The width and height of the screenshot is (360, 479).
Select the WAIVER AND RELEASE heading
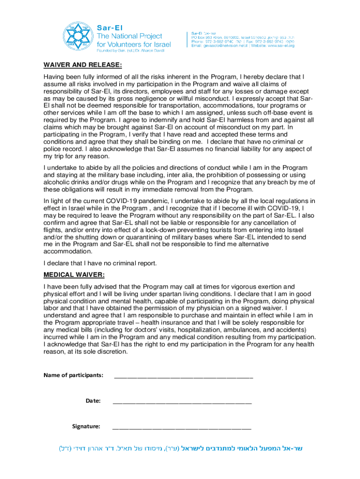83,65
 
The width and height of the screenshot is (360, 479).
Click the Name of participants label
73,375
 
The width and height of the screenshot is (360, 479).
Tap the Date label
93,400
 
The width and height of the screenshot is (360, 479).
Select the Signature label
86,426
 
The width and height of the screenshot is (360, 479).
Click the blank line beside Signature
182,428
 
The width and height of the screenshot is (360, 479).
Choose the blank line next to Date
182,402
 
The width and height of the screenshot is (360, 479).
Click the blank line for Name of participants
184,377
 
